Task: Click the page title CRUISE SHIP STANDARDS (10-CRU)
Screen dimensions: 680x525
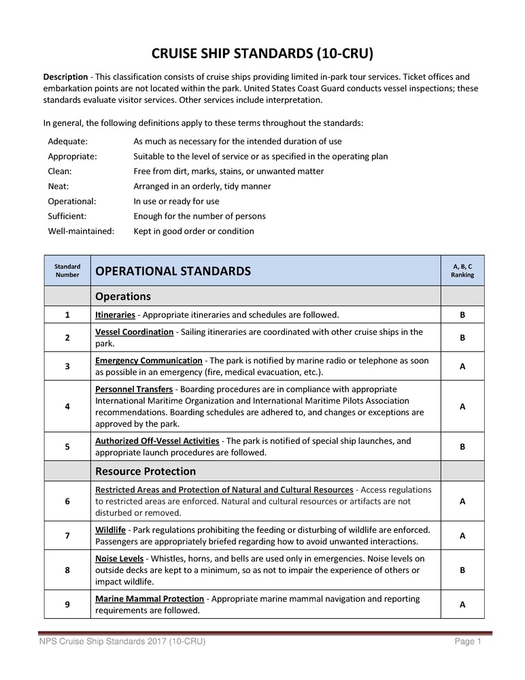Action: [262, 54]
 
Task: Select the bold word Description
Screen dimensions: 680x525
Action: [65, 77]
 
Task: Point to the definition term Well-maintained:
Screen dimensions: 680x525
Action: [81, 231]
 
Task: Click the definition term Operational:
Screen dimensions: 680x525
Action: [71, 201]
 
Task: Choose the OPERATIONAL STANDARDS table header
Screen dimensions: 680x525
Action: [173, 272]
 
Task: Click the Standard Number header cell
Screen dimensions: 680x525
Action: [67, 271]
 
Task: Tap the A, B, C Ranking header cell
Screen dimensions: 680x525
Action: [462, 271]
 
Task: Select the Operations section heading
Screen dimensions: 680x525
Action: [123, 297]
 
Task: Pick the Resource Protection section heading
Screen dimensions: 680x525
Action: [146, 472]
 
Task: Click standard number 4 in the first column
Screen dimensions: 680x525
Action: [67, 407]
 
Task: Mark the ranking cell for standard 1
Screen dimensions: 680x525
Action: [462, 315]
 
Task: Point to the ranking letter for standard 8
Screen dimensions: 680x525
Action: [462, 570]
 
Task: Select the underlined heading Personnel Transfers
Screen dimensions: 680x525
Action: [134, 389]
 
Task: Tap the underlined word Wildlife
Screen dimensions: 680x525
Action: [111, 530]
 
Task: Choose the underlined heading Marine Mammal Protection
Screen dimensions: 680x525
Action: [150, 599]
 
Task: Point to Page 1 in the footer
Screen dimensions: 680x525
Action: [468, 642]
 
